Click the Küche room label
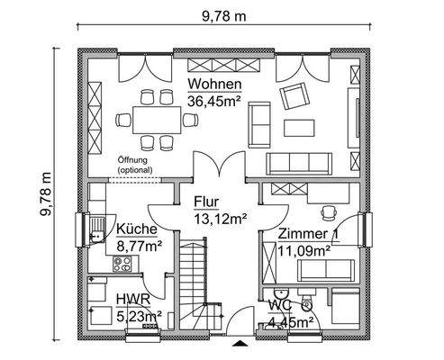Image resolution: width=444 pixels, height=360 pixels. click(134, 229)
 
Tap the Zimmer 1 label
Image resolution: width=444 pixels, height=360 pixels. click(307, 236)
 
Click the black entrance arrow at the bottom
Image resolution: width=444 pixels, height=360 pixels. click(239, 344)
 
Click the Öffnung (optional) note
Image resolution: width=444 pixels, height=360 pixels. click(135, 164)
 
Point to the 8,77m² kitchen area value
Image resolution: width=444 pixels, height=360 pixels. click(139, 244)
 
